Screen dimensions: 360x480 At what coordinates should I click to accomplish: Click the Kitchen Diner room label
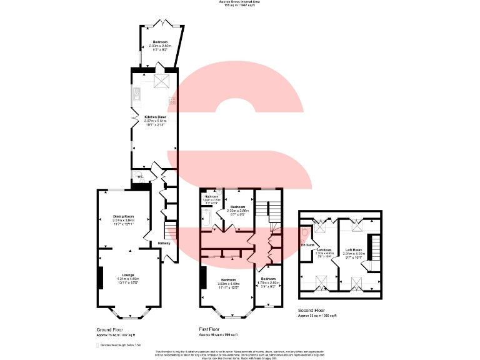[156, 117]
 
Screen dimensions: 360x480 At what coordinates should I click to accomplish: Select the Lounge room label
[128, 275]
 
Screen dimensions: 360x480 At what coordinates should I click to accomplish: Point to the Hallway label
[164, 242]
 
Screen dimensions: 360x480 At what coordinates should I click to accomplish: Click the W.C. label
[142, 176]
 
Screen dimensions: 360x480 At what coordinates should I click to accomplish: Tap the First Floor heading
[211, 329]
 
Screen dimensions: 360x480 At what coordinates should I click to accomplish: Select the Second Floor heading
[314, 311]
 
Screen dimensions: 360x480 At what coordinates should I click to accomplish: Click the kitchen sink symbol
[137, 96]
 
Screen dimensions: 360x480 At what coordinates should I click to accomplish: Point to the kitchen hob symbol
[172, 99]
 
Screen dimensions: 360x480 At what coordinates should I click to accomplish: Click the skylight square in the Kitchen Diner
[161, 81]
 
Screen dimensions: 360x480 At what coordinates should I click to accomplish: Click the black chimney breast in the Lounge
[99, 277]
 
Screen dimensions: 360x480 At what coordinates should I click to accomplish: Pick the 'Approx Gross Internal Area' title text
[241, 2]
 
